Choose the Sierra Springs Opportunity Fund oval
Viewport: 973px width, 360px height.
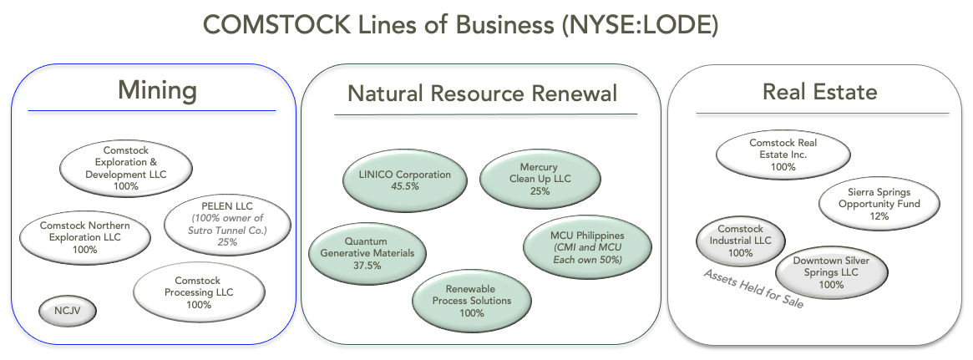click(x=878, y=204)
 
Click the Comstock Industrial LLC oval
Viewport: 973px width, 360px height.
click(x=741, y=241)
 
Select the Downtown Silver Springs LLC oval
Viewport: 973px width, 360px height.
click(x=831, y=272)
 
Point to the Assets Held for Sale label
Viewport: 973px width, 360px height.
click(x=753, y=289)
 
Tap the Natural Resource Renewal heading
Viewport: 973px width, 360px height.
click(x=482, y=93)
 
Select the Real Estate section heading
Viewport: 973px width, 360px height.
click(x=819, y=91)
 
